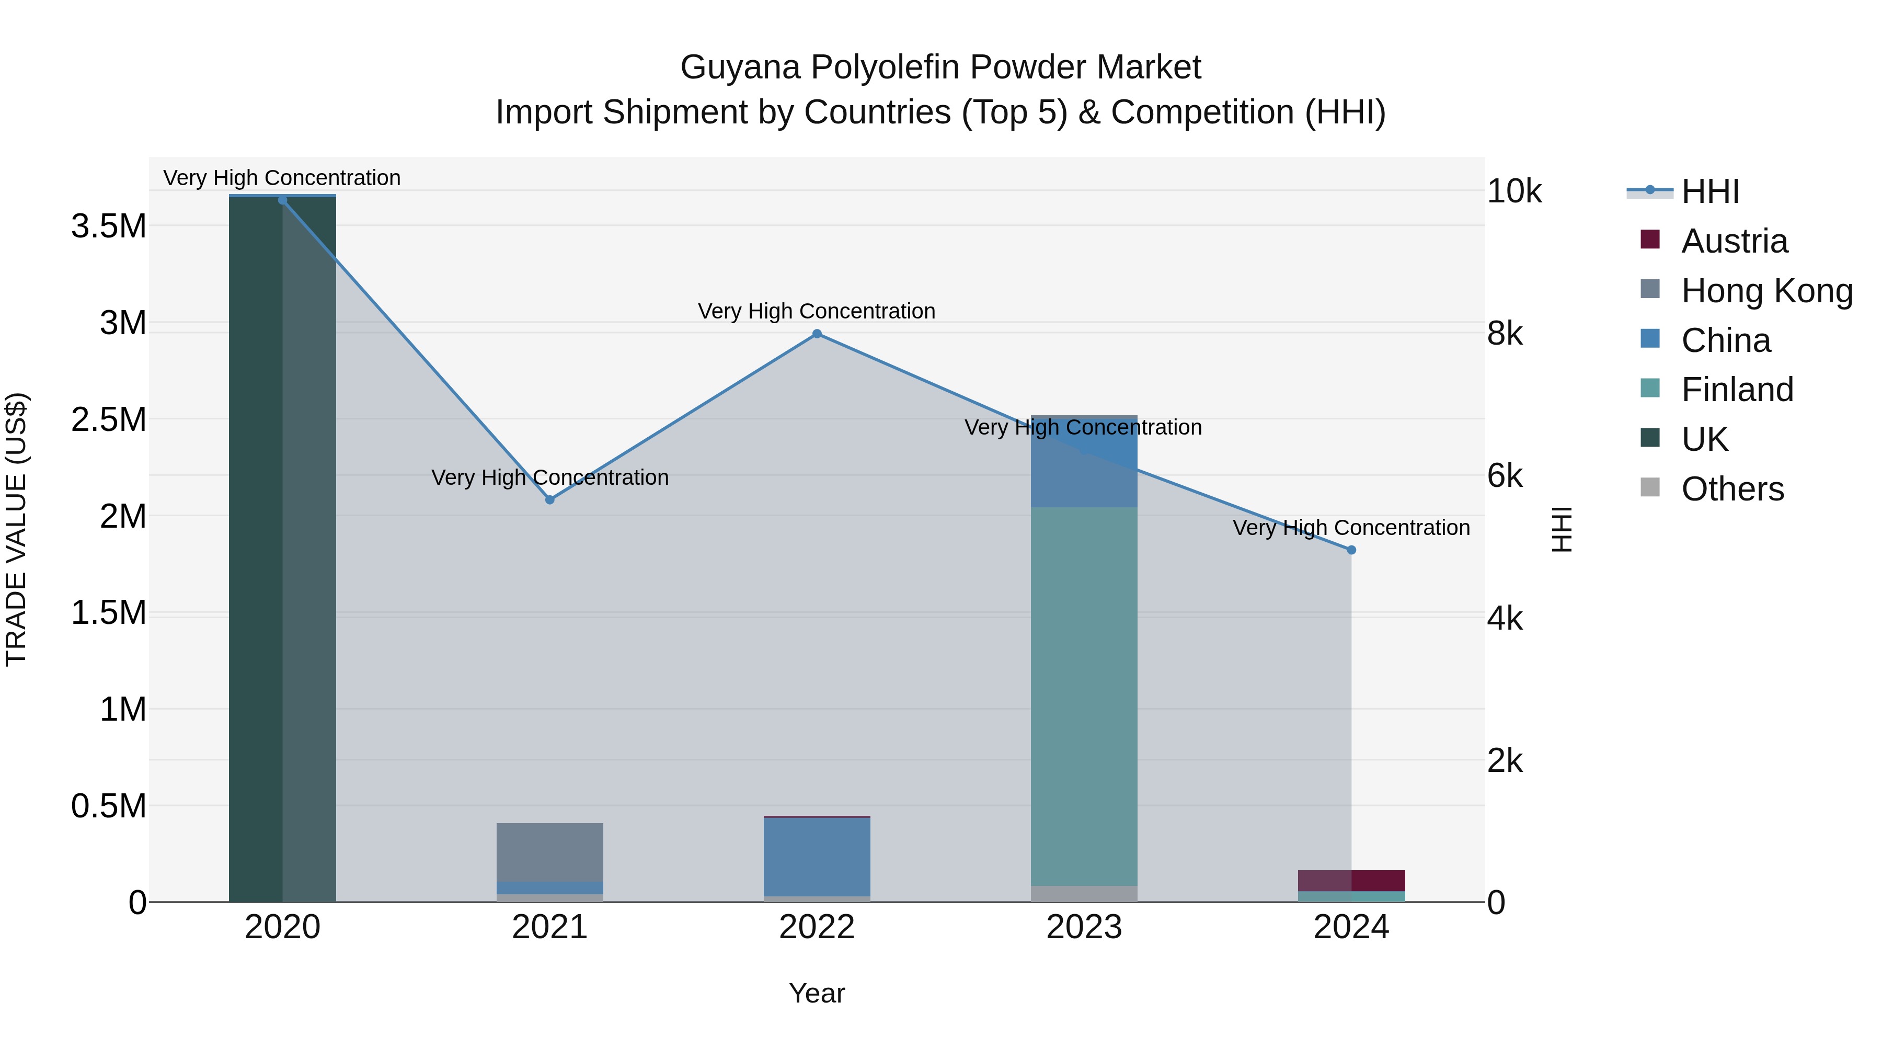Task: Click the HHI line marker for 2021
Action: click(x=550, y=500)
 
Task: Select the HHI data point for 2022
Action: click(x=817, y=334)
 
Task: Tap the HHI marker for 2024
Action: click(x=1351, y=550)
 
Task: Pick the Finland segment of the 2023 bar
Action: click(x=1084, y=694)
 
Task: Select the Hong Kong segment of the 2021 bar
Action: click(x=550, y=851)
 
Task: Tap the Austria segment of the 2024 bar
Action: click(x=1351, y=880)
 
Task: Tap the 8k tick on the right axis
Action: click(x=1505, y=334)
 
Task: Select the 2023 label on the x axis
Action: click(x=1084, y=927)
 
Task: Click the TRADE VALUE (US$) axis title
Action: click(x=16, y=529)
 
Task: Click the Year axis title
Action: click(x=817, y=993)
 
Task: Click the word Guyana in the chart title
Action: click(x=740, y=67)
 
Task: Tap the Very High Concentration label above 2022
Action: click(x=816, y=311)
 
